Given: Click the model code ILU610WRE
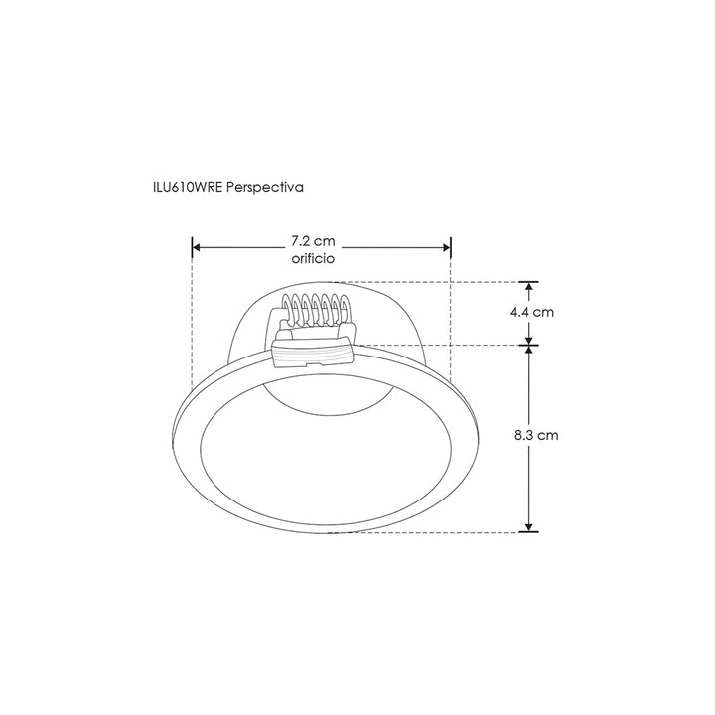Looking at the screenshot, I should tap(184, 186).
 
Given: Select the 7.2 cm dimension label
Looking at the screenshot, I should tap(312, 241).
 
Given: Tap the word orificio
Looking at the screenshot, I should tap(312, 258).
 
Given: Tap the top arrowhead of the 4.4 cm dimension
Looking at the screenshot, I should tap(530, 286).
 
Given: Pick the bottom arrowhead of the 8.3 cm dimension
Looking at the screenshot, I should tap(530, 525).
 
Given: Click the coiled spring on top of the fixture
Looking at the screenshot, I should tap(314, 312).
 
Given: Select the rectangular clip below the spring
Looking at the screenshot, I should tap(313, 353).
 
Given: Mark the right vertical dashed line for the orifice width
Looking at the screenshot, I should tap(452, 318).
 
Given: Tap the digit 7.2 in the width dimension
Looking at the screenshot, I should tap(301, 241).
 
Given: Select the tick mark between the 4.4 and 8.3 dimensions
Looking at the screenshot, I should tap(530, 345).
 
